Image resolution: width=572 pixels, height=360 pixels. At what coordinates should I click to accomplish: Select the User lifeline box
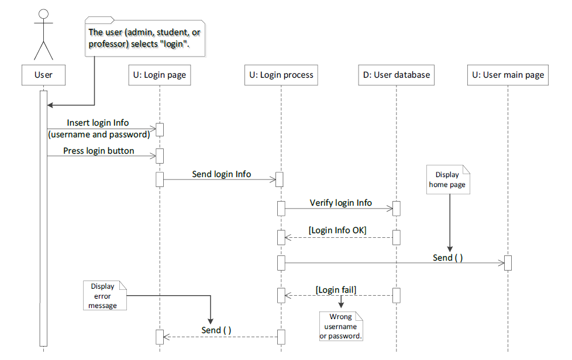point(43,75)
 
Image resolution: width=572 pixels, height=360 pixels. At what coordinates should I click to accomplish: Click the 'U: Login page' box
point(159,75)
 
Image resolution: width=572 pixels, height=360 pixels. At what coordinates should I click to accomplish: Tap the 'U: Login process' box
point(281,75)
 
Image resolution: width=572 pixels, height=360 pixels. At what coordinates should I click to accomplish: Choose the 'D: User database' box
point(396,75)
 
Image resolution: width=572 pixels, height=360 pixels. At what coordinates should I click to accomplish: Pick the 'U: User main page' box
point(508,75)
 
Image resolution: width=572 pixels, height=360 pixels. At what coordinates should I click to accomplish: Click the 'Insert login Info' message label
point(98,123)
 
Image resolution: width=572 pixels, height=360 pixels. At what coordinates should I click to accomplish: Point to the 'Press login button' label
point(98,151)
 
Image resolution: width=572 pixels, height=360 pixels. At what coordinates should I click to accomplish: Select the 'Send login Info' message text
point(221,174)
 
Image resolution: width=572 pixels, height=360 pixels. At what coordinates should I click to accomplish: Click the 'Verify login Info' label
point(340,203)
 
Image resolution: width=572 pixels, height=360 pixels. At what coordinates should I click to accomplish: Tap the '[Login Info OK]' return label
point(337,230)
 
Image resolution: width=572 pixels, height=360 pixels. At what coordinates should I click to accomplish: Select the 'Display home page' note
point(448,179)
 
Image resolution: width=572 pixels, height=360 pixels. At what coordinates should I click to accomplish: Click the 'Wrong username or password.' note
point(341,327)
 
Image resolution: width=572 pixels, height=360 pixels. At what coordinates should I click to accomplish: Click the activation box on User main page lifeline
point(508,263)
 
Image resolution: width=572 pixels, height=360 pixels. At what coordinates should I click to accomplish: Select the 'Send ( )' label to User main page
point(447,257)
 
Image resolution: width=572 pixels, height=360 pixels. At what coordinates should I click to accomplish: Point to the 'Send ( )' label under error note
point(216,330)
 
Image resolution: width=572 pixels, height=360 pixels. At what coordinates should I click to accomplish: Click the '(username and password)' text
point(98,134)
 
